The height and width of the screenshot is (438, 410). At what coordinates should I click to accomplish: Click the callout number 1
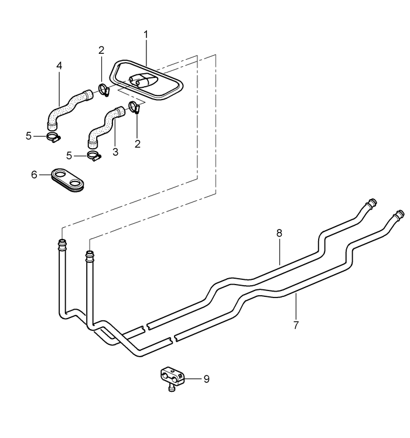point(146,35)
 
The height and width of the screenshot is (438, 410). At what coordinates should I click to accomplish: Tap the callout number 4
point(59,66)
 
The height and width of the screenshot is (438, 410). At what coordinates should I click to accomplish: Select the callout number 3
point(115,152)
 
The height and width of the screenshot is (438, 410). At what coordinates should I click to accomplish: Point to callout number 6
point(34,175)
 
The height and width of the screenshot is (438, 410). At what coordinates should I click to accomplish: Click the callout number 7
point(296,325)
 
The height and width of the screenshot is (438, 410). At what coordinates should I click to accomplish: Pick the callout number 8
point(279,233)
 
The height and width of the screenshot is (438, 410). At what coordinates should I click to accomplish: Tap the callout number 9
point(207,379)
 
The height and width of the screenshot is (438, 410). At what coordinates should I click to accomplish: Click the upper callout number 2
point(101,50)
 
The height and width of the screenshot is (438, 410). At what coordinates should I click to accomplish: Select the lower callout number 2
point(138,144)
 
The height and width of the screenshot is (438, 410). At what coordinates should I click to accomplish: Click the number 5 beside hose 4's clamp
point(29,136)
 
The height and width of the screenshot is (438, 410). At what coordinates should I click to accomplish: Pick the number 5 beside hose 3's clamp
point(69,156)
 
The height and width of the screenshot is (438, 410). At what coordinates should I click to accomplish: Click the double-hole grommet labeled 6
point(67,180)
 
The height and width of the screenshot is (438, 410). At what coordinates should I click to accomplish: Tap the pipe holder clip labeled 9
point(173,375)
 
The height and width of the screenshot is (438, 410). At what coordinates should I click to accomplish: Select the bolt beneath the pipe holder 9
point(171,388)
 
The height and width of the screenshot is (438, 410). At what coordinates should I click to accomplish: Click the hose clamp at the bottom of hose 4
point(54,137)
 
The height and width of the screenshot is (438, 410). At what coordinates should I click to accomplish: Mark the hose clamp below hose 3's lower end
point(94,156)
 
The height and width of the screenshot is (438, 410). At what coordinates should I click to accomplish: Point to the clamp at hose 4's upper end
point(104,90)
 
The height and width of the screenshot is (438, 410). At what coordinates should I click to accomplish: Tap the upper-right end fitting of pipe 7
point(398,215)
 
